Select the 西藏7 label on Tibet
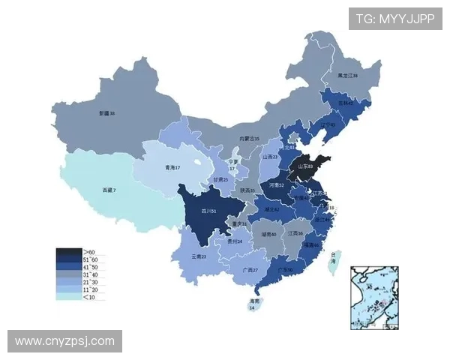109,190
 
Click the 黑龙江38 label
347,76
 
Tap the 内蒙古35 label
249,139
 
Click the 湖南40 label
269,234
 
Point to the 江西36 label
295,233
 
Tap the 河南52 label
276,184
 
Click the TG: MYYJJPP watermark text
395,19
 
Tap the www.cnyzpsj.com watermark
64,341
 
